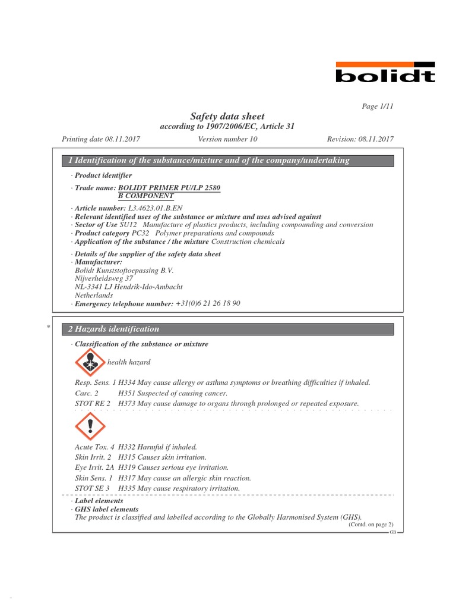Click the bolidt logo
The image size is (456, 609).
pyautogui.click(x=385, y=72)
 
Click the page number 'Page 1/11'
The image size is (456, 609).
pyautogui.click(x=378, y=106)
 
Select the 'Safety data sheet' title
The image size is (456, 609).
pyautogui.click(x=227, y=117)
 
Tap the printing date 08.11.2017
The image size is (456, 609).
pyautogui.click(x=123, y=139)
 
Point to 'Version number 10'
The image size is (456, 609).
pyautogui.click(x=227, y=139)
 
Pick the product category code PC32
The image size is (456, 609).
pyautogui.click(x=140, y=233)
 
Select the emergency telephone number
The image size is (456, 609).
pyautogui.click(x=208, y=303)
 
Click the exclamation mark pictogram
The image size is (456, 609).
pyautogui.click(x=90, y=426)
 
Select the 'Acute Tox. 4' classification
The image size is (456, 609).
pyautogui.click(x=94, y=447)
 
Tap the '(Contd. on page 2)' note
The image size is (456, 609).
pyautogui.click(x=370, y=525)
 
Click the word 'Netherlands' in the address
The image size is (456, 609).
pyautogui.click(x=94, y=295)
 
